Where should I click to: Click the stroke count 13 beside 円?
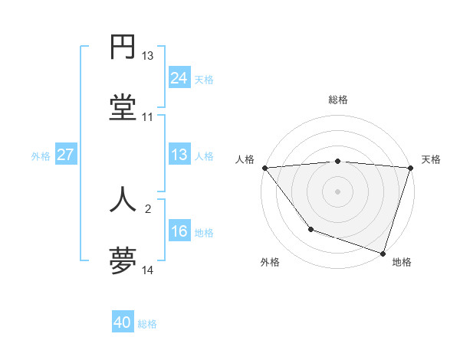tap(147, 56)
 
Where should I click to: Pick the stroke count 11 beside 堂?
tap(147, 117)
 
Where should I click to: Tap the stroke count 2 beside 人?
tap(147, 208)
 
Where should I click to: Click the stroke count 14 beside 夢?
tap(147, 270)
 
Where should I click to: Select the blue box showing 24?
tap(179, 77)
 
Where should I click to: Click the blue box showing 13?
tap(179, 155)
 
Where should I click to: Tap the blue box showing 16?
tap(179, 231)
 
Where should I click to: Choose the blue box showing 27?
tap(65, 155)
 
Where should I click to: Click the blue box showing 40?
tap(123, 323)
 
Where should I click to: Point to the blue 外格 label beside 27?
tap(41, 155)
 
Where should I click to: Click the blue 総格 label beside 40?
tap(148, 324)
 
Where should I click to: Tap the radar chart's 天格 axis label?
tap(432, 159)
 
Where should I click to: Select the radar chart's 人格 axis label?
tap(245, 159)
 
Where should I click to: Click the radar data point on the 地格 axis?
tap(383, 253)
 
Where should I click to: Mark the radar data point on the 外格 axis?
tap(310, 229)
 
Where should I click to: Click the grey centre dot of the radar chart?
tap(337, 191)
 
